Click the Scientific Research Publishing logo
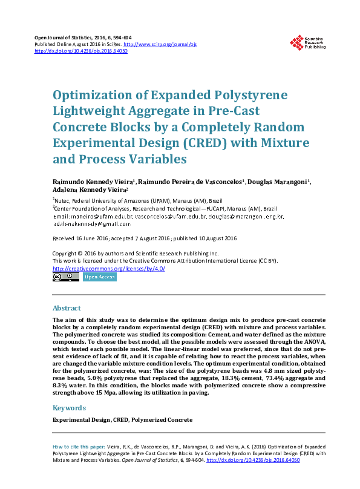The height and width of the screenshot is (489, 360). pos(308,42)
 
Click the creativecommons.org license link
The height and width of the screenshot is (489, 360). pos(109,268)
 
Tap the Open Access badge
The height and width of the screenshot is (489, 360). pos(100,277)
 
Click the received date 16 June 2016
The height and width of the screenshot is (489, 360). pos(93,238)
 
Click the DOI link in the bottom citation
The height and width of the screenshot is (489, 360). pos(254,460)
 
